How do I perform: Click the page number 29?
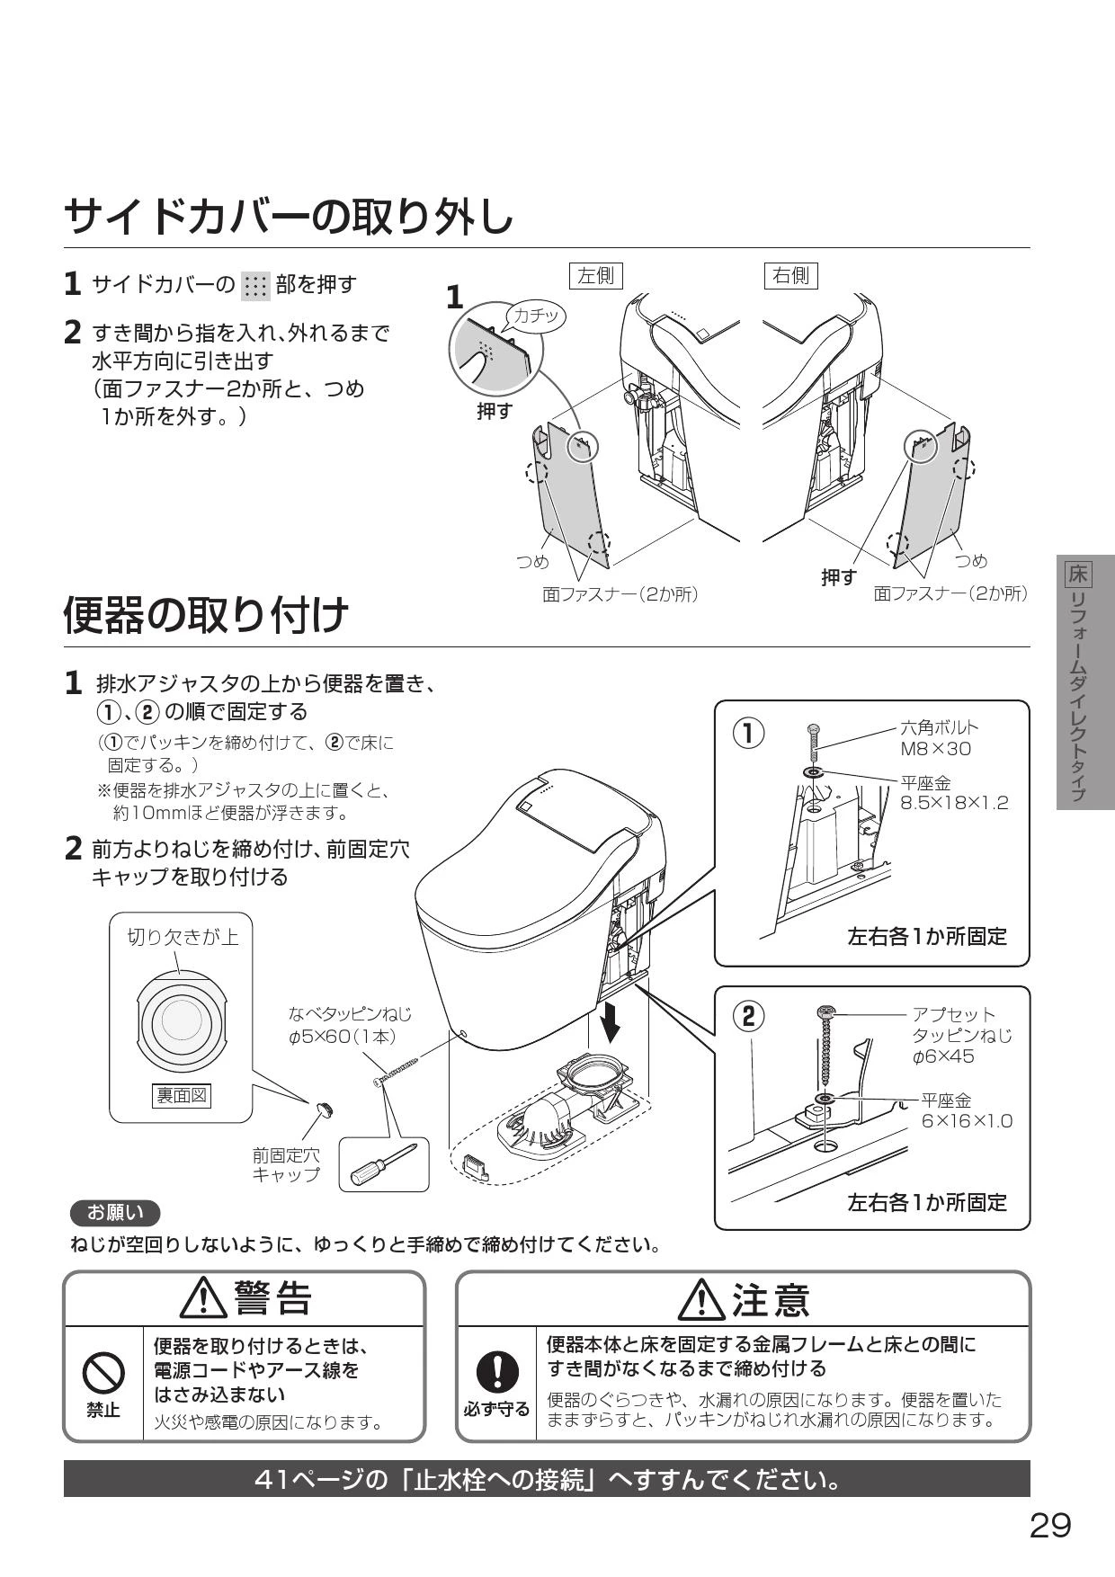pyautogui.click(x=1050, y=1525)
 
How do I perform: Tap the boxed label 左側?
pyautogui.click(x=596, y=275)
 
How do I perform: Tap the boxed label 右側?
pyautogui.click(x=790, y=275)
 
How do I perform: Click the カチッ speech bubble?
pyautogui.click(x=537, y=316)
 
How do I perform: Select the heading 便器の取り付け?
pyautogui.click(x=207, y=615)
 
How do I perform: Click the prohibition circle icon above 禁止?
pyautogui.click(x=103, y=1375)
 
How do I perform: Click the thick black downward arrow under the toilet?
pyautogui.click(x=611, y=1021)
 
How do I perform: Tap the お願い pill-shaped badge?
pyautogui.click(x=115, y=1213)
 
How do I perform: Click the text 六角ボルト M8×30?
pyautogui.click(x=939, y=738)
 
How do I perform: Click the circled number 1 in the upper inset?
pyautogui.click(x=747, y=734)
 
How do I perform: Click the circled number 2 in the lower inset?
pyautogui.click(x=747, y=1016)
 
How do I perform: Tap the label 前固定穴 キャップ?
pyautogui.click(x=286, y=1164)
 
